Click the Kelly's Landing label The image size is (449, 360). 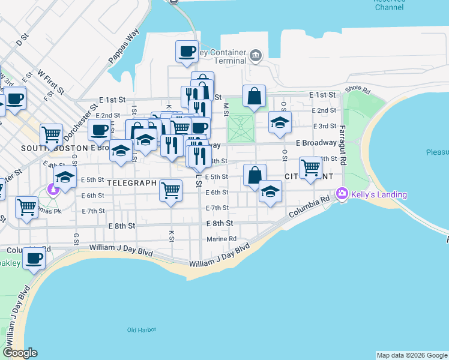pos(379,194)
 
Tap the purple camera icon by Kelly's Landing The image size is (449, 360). pos(342,193)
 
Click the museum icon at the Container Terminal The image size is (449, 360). pos(256,56)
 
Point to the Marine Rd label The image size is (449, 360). pos(221,239)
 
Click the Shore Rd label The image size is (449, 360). pos(358,91)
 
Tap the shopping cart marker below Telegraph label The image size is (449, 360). pos(171,191)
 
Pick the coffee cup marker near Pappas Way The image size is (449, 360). pos(187,50)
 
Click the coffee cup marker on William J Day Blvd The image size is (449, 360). pos(34,259)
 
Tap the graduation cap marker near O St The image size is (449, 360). pos(280,122)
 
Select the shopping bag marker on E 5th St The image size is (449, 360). pos(255,175)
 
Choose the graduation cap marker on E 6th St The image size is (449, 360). pos(271,191)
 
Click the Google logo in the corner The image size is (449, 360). pos(20,353)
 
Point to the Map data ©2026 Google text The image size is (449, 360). pos(412,355)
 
